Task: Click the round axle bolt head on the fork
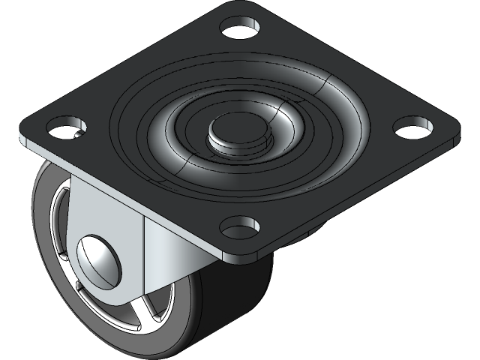click(98, 259)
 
